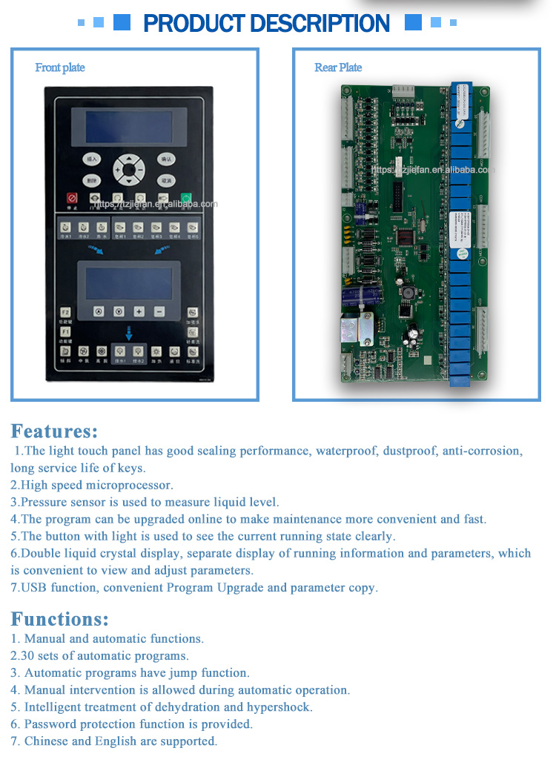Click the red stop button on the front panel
(73, 198)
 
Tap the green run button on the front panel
(186, 198)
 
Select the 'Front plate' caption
(60, 67)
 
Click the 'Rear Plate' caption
(338, 67)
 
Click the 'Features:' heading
(54, 431)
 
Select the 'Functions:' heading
(59, 619)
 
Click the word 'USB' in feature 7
(33, 588)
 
